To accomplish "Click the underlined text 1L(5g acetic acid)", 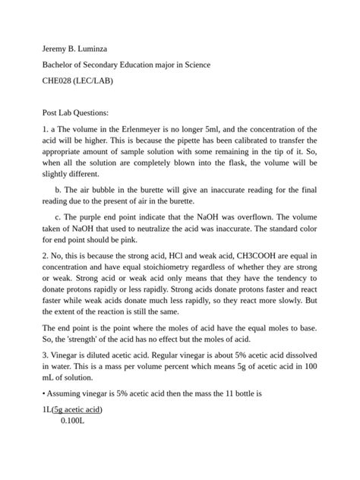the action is (x=73, y=409).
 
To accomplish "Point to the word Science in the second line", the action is (x=194, y=65).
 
